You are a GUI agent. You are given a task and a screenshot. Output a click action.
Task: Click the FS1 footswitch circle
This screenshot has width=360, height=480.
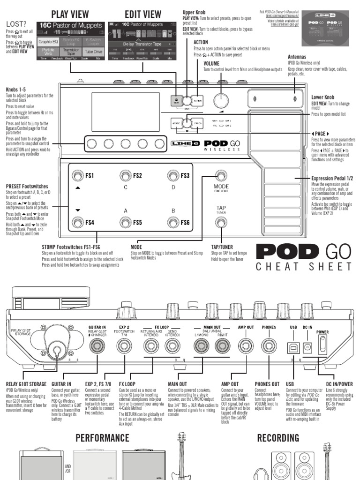tap(76, 176)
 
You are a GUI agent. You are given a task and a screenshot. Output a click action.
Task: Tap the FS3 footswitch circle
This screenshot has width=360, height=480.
tap(173, 176)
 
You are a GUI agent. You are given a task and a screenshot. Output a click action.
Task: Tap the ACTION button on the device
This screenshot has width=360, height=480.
tap(198, 100)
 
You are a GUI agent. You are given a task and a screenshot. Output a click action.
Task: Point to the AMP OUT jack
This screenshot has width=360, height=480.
tap(244, 346)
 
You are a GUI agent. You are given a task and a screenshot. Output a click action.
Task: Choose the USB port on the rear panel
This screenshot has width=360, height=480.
tap(292, 347)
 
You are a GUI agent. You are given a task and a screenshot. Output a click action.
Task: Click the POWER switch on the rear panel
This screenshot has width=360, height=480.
tap(322, 346)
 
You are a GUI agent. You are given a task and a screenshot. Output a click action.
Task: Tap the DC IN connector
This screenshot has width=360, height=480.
tap(308, 347)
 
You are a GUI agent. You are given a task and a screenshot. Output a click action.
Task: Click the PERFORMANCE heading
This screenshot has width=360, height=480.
tap(102, 438)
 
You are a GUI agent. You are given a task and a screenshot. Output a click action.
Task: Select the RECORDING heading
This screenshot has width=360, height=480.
tap(278, 438)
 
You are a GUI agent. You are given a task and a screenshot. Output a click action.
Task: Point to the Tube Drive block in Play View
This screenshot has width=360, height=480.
tap(94, 52)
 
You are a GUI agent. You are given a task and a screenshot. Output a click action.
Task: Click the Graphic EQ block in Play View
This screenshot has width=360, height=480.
tap(48, 41)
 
